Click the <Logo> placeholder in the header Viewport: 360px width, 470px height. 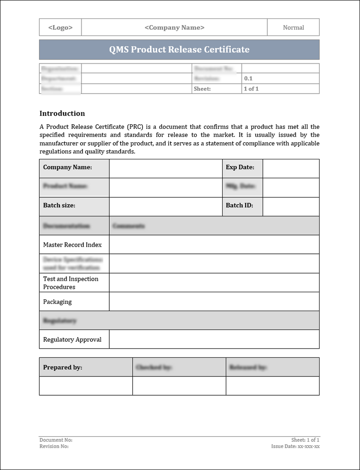point(60,27)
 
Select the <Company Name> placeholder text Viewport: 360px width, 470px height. point(174,27)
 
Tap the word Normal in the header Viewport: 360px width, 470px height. point(293,27)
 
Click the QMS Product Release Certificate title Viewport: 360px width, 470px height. point(179,50)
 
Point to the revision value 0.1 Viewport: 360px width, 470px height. point(248,78)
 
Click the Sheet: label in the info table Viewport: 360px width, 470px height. point(202,89)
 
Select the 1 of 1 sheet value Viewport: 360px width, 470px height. point(251,89)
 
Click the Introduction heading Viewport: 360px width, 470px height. point(62,113)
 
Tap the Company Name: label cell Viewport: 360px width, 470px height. point(67,167)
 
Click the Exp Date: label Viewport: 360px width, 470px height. point(240,167)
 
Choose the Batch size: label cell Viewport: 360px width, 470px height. point(59,205)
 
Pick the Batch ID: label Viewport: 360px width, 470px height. point(239,205)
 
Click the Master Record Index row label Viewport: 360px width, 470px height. point(72,245)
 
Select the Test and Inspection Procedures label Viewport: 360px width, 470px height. point(71,283)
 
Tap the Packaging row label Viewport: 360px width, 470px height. point(57,302)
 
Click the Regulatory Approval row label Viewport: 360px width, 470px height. point(72,339)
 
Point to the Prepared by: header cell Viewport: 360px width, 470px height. point(63,367)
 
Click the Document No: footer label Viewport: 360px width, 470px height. point(56,440)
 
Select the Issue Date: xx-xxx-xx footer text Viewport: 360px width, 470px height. point(295,446)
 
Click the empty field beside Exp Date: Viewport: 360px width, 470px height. point(291,168)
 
